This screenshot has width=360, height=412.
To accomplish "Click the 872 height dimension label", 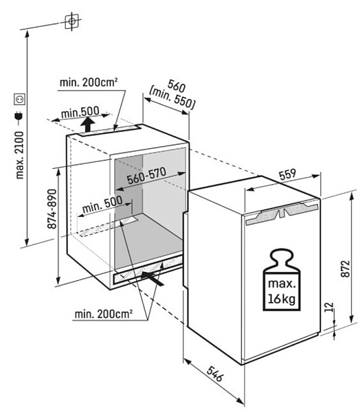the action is click(346, 268).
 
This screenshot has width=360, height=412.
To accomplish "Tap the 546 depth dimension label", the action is click(215, 374).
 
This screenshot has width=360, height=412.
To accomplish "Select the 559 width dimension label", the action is click(287, 174).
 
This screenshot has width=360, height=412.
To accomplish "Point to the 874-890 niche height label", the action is click(52, 209).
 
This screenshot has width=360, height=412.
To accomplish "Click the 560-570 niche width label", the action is click(146, 176).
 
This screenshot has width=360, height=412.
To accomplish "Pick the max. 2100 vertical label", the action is click(19, 155).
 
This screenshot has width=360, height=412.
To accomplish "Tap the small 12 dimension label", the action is click(329, 307).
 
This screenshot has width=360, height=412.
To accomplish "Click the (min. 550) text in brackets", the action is click(172, 99).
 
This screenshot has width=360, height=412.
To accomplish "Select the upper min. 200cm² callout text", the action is click(89, 82).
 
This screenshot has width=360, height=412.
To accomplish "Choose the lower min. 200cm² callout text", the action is click(103, 314).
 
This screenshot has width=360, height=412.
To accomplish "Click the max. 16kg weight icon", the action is click(282, 279).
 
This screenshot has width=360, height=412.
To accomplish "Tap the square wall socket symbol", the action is click(19, 99).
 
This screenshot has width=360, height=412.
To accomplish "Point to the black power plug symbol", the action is click(19, 117).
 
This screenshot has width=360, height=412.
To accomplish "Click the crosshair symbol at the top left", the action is click(71, 21).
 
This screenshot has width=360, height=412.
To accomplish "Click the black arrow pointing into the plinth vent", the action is click(153, 278).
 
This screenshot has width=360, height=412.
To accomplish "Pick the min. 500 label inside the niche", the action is click(102, 204).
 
